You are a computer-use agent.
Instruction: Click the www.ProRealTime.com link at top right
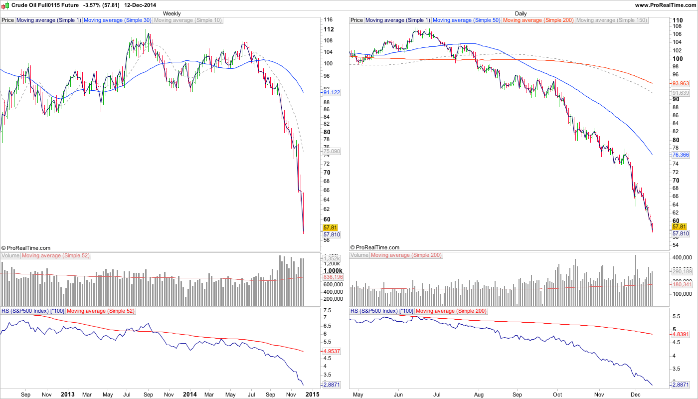tap(665, 5)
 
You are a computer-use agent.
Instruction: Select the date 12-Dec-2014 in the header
tap(140, 5)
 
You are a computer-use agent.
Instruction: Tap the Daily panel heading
tap(521, 13)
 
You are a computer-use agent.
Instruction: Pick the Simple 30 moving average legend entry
tap(118, 20)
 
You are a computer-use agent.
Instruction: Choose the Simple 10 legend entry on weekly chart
tap(188, 20)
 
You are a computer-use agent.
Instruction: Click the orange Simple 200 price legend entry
tap(538, 20)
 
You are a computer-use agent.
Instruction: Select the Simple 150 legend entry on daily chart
tap(611, 20)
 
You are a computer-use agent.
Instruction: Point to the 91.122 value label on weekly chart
tap(332, 92)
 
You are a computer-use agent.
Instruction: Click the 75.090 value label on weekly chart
tap(332, 151)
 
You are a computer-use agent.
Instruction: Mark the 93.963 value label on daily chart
tap(681, 83)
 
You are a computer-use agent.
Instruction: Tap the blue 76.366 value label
tap(681, 155)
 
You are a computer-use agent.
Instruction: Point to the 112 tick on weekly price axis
tap(329, 29)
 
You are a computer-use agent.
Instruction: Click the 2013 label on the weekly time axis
tap(67, 395)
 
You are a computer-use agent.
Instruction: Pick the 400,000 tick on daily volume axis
tap(684, 258)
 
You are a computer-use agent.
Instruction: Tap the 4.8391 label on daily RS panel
tap(681, 334)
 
